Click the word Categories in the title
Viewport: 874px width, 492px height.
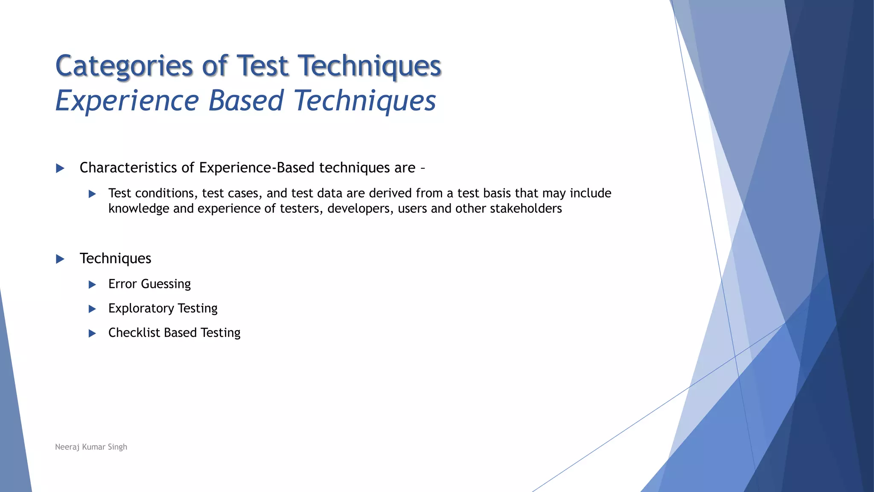click(124, 66)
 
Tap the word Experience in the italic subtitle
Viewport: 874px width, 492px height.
click(127, 101)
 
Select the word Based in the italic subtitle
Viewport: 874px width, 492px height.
click(246, 101)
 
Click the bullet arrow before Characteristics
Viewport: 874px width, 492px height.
click(60, 168)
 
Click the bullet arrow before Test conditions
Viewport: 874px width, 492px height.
click(92, 194)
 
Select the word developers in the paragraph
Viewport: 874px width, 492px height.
click(360, 209)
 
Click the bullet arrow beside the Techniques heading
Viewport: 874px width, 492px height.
click(60, 259)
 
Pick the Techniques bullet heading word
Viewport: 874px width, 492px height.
click(115, 258)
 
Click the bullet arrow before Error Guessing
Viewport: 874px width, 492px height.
click(92, 284)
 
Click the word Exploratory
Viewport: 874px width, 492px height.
click(141, 308)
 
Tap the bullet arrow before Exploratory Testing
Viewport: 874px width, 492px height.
click(92, 309)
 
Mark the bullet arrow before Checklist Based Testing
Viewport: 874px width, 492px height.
click(92, 333)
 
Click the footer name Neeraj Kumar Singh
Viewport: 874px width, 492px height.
click(91, 447)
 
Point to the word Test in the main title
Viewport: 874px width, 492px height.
click(262, 66)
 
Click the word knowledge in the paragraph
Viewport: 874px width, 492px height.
click(139, 209)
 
